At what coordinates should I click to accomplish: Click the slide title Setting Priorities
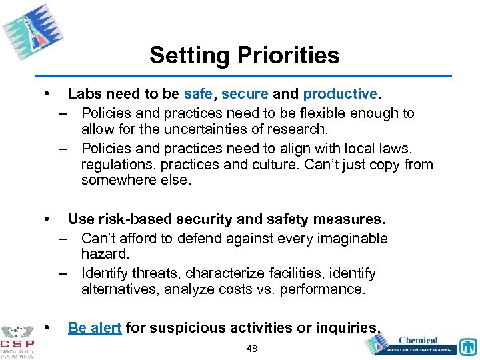[244, 55]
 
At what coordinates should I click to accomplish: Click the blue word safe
[199, 95]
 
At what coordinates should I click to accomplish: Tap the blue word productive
[339, 95]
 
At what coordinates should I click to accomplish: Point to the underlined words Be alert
[95, 328]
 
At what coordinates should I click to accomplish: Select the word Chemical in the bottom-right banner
[418, 339]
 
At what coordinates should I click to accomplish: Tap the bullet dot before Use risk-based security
[45, 219]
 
